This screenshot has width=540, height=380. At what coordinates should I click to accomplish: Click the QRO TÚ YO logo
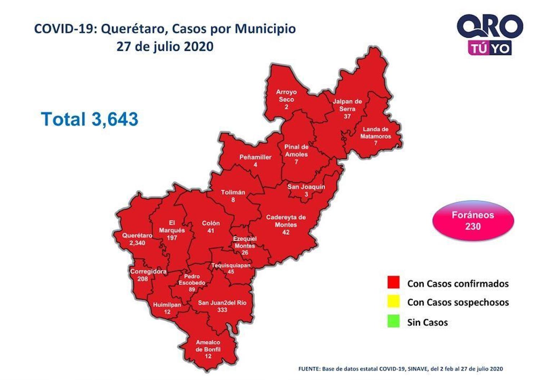(490, 35)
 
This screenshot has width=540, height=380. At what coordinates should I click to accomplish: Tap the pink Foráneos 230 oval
(473, 221)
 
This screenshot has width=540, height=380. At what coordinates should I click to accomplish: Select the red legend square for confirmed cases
(393, 282)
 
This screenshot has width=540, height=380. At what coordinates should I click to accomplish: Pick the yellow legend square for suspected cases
(393, 302)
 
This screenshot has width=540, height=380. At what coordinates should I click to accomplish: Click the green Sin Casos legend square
(393, 321)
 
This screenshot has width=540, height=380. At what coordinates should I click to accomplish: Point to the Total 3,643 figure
(90, 119)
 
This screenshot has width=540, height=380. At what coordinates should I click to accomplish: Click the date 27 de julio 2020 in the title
(165, 46)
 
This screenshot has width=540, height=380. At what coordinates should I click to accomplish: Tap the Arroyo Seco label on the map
(286, 96)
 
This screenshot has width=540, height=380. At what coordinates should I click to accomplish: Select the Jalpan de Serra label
(347, 105)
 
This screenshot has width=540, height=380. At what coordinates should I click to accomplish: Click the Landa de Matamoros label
(375, 132)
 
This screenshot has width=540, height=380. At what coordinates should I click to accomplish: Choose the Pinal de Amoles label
(296, 150)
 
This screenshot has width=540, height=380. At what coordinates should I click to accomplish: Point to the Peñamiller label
(255, 157)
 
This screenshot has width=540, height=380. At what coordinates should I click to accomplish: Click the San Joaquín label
(306, 187)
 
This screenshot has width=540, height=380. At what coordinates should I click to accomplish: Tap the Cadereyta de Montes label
(286, 221)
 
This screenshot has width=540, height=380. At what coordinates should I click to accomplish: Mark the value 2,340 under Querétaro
(137, 243)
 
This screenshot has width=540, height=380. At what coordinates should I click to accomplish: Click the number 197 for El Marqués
(172, 238)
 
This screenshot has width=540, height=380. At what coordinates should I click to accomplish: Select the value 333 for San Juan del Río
(222, 310)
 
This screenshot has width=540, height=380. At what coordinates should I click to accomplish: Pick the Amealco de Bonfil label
(208, 346)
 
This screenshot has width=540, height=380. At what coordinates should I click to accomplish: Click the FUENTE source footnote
(400, 369)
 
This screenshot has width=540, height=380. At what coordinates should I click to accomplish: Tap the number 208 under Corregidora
(143, 279)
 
